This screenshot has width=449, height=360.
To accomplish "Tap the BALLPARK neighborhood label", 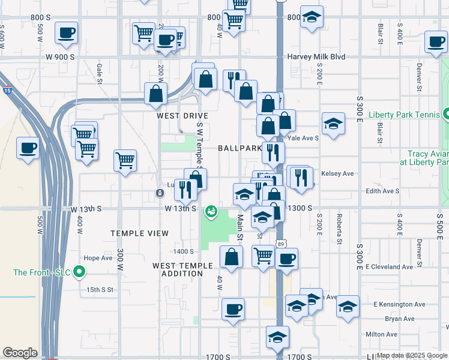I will (x=239, y=148).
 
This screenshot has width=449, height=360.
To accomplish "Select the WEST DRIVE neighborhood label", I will (x=182, y=115).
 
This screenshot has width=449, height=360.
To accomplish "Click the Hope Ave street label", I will (x=98, y=258).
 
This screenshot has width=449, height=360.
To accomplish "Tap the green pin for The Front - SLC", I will (x=78, y=272).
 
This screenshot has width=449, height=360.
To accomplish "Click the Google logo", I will (x=20, y=353).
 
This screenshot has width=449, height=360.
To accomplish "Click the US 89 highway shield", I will (x=280, y=243).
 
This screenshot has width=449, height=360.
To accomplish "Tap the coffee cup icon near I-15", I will (x=28, y=147).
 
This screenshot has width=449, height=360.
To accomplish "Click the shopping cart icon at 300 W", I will (x=125, y=160).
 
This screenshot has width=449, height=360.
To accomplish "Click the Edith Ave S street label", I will (x=382, y=191).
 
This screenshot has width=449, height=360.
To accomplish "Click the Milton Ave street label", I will (x=380, y=334).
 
